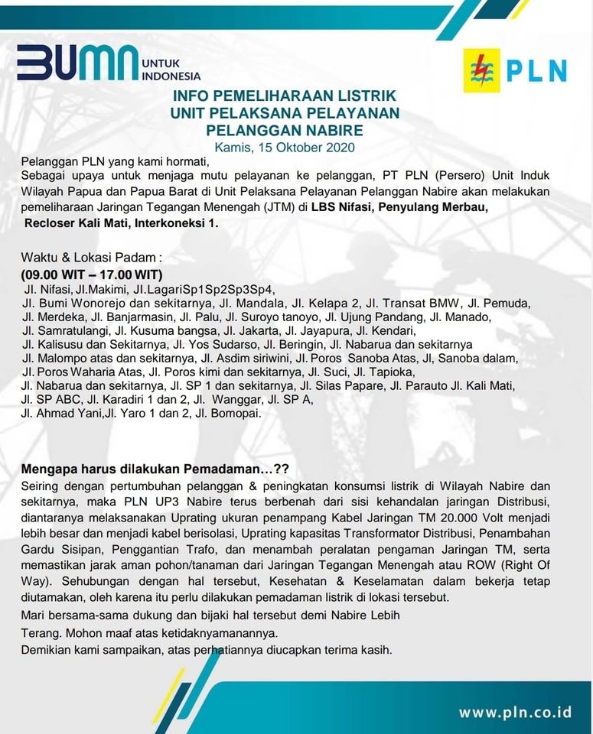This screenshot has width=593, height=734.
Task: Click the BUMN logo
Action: click(77, 63)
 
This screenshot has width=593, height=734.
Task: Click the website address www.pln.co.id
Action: click(515, 712)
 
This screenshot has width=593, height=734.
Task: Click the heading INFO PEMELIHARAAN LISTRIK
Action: click(285, 96)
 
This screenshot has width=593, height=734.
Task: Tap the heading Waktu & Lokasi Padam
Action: click(92, 258)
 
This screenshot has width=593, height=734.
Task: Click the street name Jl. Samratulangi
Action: click(64, 331)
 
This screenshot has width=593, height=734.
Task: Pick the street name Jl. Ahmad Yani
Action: click(63, 414)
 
